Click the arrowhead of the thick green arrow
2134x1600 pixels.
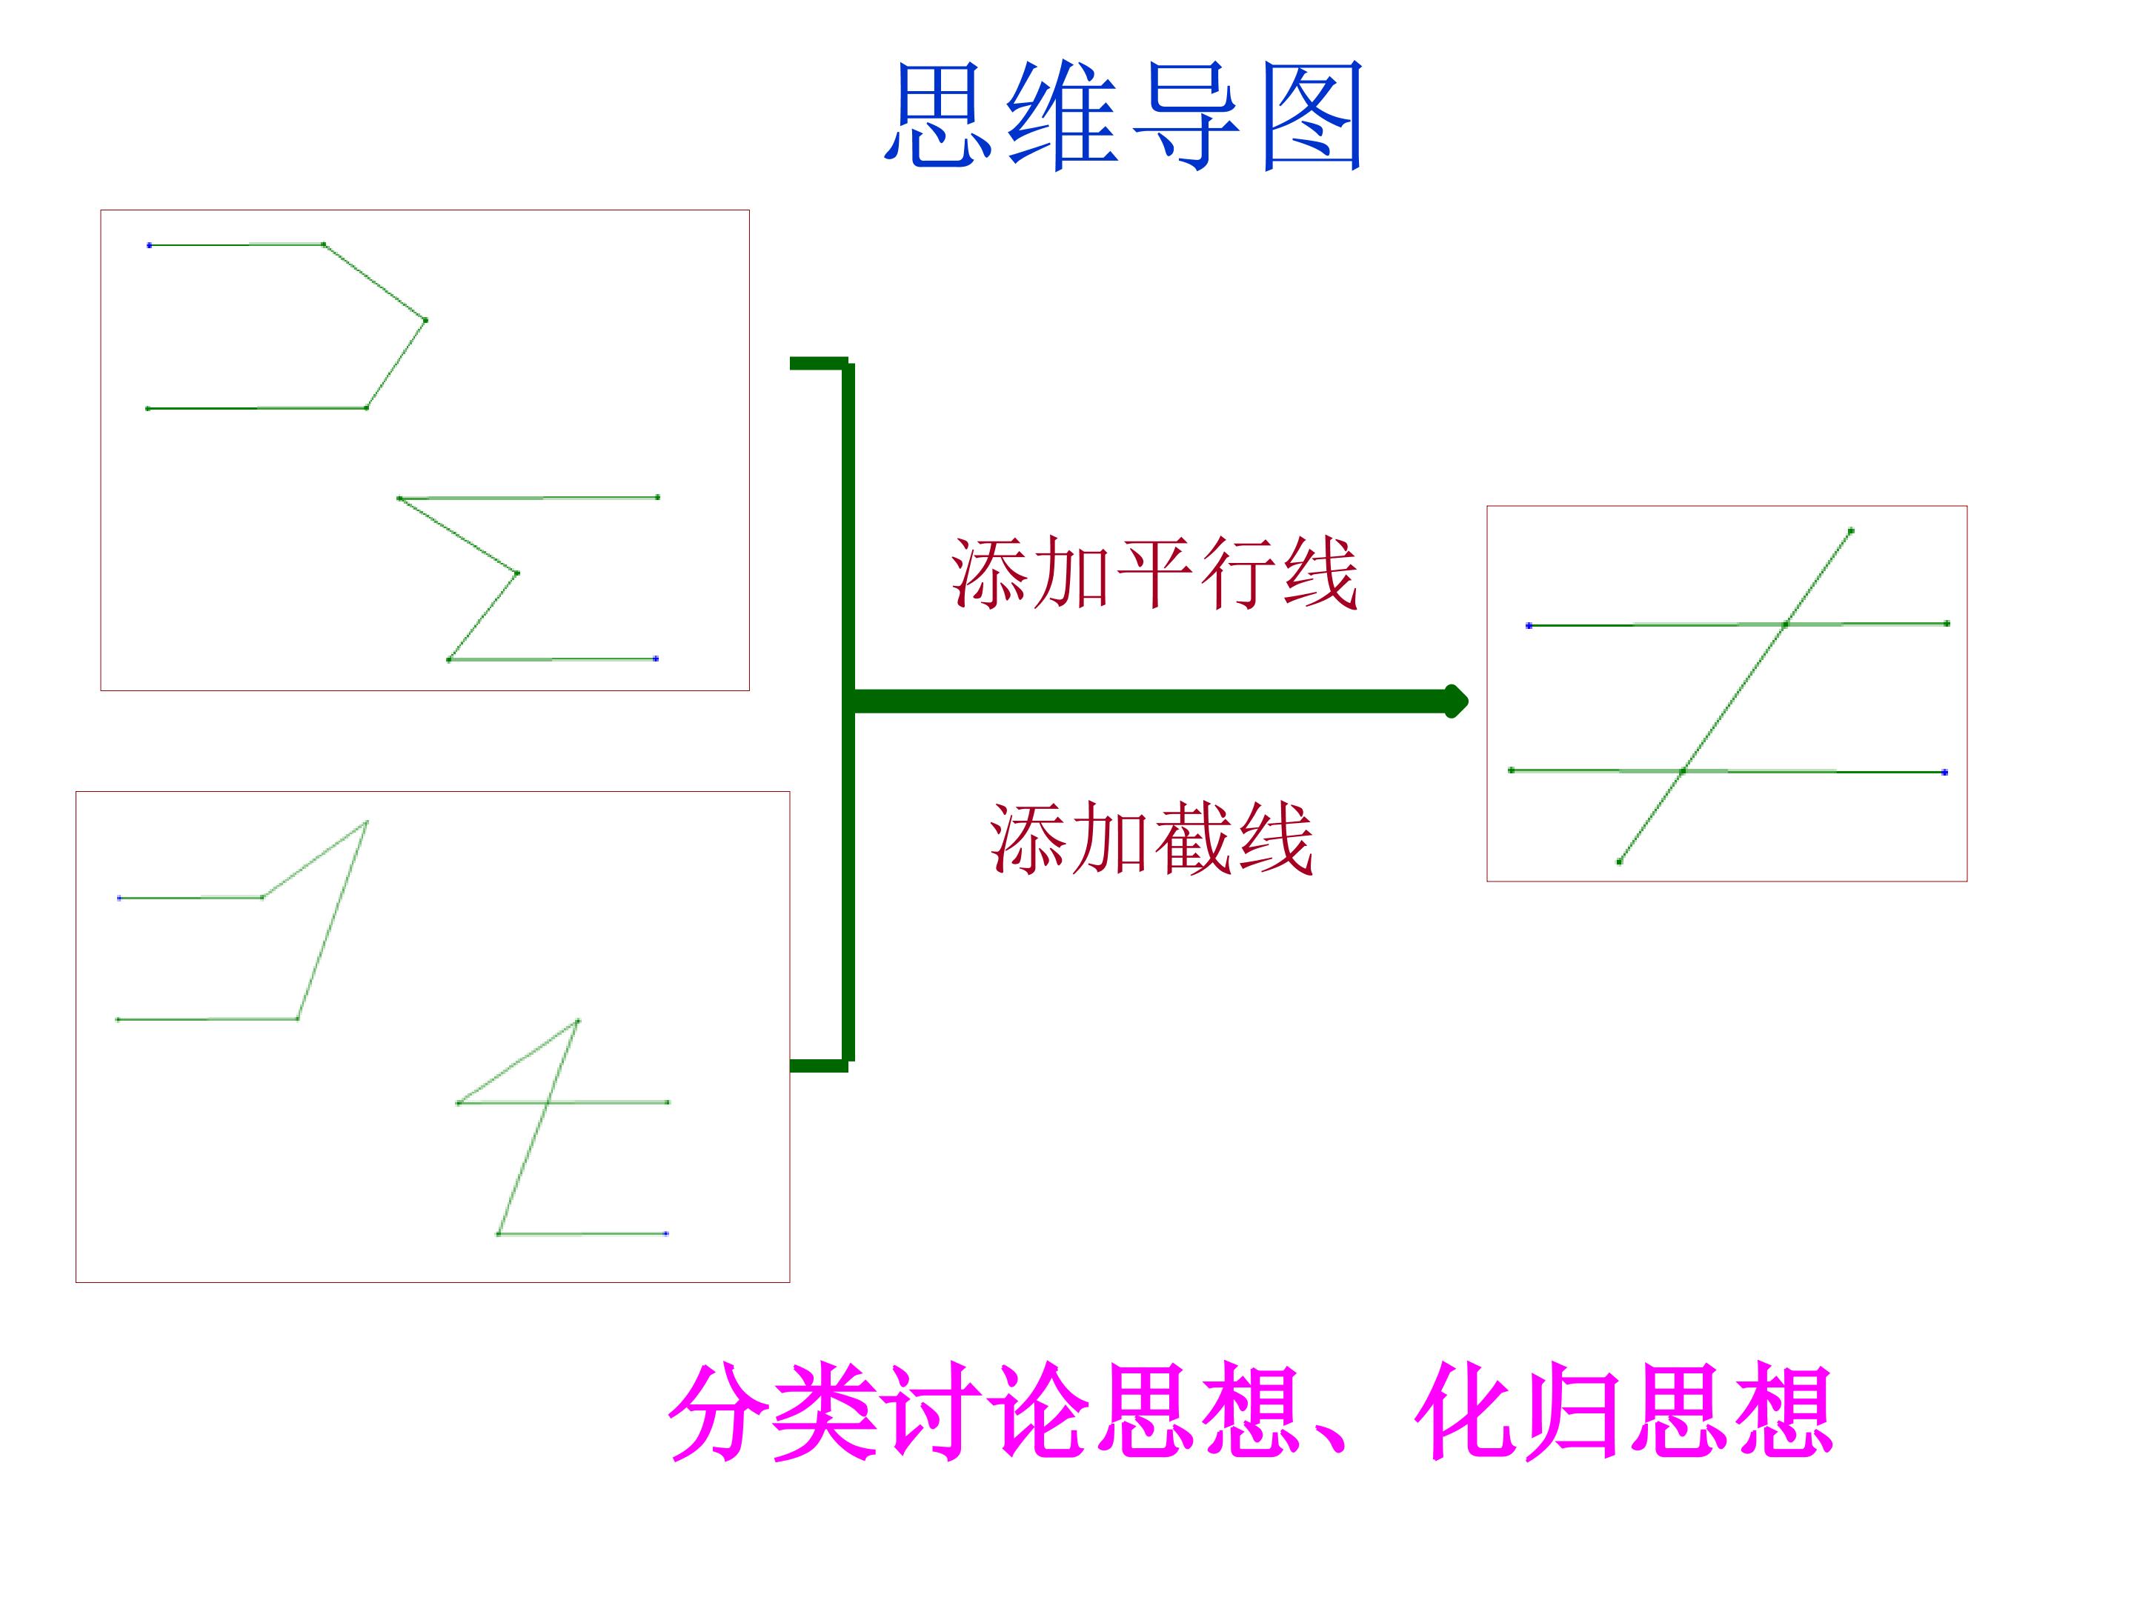(x=1456, y=701)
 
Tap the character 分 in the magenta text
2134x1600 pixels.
(x=721, y=1411)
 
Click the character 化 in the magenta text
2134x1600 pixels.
(x=1467, y=1411)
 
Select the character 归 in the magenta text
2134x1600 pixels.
(x=1575, y=1411)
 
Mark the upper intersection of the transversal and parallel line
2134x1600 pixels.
(x=1786, y=625)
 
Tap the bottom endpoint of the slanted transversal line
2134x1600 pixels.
(x=1620, y=861)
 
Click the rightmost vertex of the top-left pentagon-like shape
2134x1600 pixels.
(x=425, y=320)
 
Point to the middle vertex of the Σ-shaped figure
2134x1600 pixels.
(x=517, y=574)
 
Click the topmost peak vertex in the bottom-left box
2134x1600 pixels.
(x=367, y=821)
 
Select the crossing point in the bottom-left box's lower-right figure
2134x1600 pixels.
(x=548, y=1102)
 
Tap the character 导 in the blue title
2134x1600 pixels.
(x=1186, y=116)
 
